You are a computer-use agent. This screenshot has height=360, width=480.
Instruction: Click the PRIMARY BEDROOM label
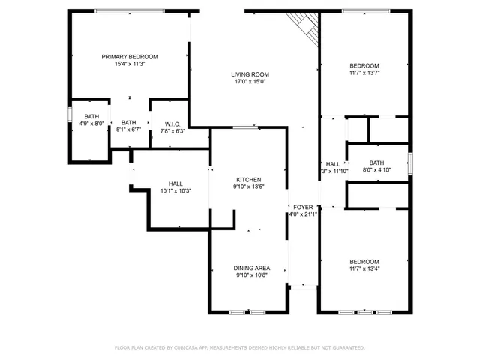pos(130,57)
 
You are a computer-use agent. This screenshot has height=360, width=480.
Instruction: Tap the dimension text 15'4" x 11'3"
pos(130,64)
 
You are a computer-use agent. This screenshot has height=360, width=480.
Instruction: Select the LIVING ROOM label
pos(250,74)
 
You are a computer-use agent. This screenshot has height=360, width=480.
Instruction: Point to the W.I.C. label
pos(172,124)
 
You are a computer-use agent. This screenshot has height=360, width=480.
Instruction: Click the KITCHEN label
pos(249,180)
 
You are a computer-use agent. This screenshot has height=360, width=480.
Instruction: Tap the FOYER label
pos(303,207)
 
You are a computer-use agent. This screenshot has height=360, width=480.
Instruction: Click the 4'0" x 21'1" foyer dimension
pos(303,214)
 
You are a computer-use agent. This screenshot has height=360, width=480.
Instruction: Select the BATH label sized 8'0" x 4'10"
pos(376,163)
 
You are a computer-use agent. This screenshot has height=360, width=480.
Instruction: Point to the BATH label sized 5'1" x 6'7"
pos(129,123)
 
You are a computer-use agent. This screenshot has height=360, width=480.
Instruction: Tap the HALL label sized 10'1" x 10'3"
pos(175,184)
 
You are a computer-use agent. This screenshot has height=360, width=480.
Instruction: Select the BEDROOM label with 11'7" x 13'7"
pos(364,65)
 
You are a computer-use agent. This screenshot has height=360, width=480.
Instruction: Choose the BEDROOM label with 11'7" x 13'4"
pos(364,261)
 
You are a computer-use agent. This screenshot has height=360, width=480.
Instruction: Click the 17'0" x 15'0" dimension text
pos(250,82)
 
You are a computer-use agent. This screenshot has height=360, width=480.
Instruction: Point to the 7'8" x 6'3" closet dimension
pos(172,131)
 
